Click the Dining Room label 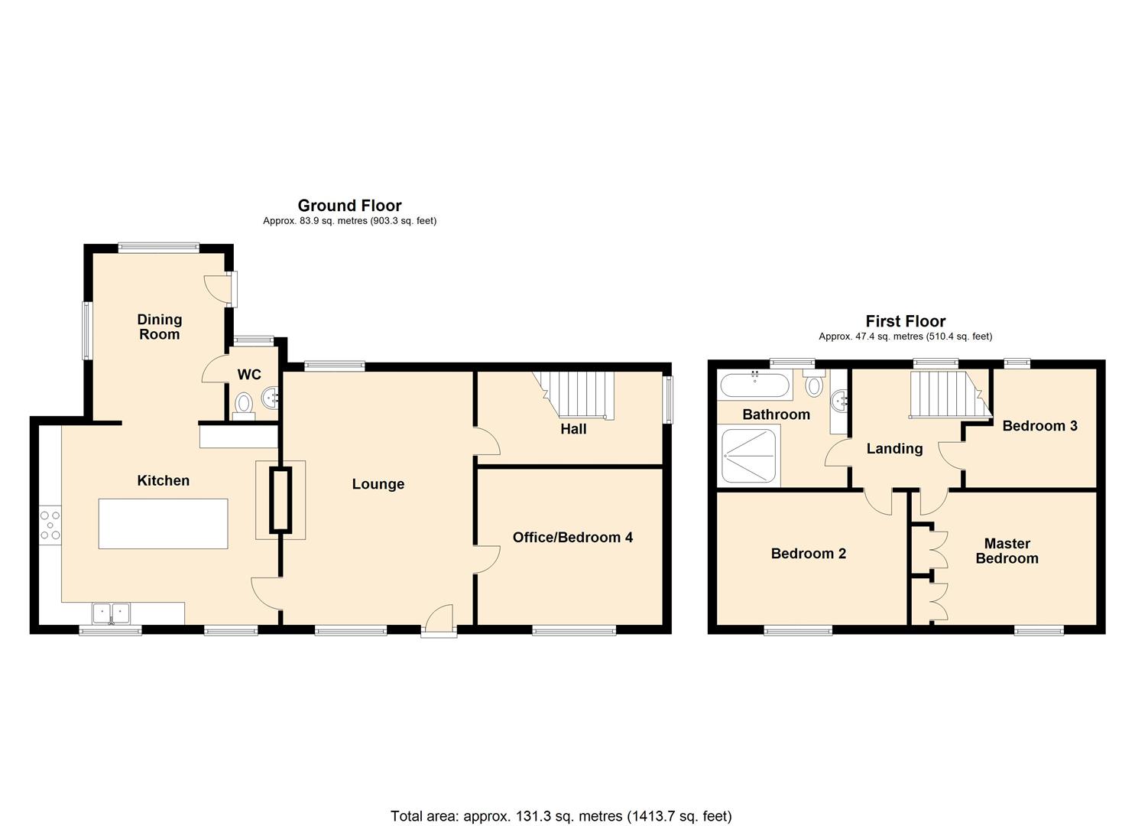coord(159,327)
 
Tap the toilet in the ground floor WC coord(244,404)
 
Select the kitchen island coord(163,523)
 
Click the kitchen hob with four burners coord(50,525)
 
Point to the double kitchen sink coord(112,613)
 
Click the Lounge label coord(378,484)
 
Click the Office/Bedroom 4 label coord(572,538)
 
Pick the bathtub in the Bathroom coord(754,385)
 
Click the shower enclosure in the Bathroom coord(750,456)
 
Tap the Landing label coord(894,449)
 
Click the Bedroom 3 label coord(1039,426)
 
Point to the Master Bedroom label coord(1007,551)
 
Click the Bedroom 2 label coord(808,554)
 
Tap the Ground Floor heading coord(349,206)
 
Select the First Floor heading coord(905,322)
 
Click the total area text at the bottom coord(561,816)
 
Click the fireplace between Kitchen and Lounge coord(281,501)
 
